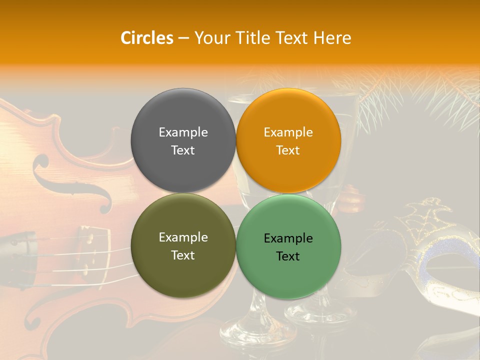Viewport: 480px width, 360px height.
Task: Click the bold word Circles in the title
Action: click(146, 38)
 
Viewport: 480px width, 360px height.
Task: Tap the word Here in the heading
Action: click(332, 38)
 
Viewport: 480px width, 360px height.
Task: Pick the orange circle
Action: click(288, 170)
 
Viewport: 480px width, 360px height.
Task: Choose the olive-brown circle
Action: click(183, 275)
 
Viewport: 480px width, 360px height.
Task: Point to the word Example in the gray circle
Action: click(183, 132)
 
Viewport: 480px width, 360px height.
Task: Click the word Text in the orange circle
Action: click(288, 150)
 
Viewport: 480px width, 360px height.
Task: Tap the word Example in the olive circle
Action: click(183, 237)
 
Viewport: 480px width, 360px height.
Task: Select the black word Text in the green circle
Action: click(288, 256)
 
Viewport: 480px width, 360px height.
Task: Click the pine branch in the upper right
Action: click(430, 100)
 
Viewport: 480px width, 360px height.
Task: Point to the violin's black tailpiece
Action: click(20, 250)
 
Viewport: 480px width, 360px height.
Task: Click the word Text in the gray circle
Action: click(183, 150)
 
